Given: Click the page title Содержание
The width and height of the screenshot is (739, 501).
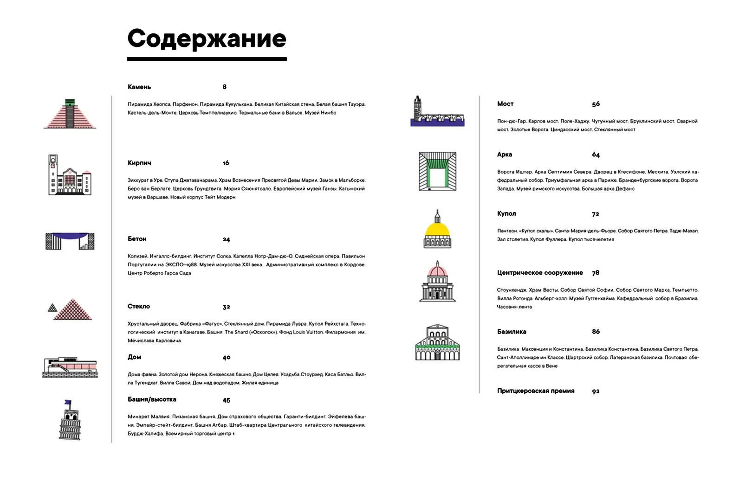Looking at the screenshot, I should point(207,39).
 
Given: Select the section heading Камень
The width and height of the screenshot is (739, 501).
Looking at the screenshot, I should point(139,87).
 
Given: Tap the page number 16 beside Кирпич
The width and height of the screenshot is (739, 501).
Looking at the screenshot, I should point(226,163).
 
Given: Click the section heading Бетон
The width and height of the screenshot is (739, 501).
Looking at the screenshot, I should point(137,239).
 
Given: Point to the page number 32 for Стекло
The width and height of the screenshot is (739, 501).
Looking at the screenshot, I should point(226,307).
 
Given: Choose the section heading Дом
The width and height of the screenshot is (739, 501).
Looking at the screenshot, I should point(134,357).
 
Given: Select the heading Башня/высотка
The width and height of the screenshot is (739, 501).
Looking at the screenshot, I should point(152,399).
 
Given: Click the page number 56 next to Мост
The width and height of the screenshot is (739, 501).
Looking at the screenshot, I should point(596,104).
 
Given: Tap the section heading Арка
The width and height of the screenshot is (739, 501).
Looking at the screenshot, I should point(504,154).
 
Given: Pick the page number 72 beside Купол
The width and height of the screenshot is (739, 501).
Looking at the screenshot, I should point(595,214).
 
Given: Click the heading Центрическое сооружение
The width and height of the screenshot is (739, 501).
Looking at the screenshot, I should point(539,273).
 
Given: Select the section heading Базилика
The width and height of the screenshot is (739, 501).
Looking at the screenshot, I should point(512,332).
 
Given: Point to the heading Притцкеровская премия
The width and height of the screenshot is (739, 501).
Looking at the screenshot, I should point(536,391).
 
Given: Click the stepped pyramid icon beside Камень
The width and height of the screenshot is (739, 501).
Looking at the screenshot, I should point(70,114).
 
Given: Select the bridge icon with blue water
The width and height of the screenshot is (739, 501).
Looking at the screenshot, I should point(437,112).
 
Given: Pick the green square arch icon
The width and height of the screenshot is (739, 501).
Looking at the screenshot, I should point(437,172).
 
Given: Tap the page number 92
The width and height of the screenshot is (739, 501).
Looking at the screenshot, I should point(596,391).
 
